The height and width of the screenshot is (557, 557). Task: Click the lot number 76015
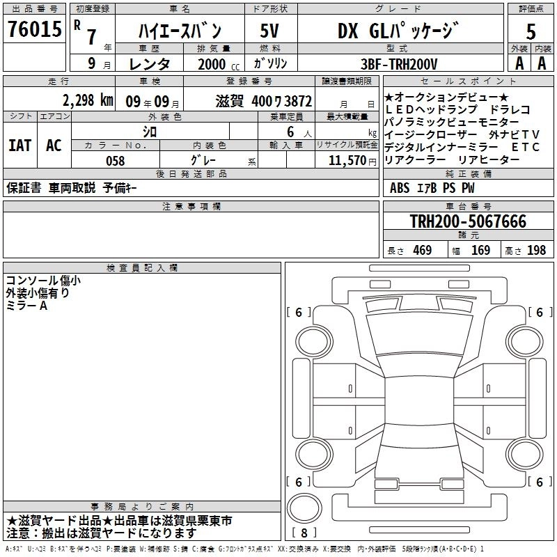(x=33, y=30)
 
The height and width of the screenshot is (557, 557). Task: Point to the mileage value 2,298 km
(x=88, y=100)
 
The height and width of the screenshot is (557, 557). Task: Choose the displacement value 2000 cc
(x=213, y=64)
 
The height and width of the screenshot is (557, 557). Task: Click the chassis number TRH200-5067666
(x=468, y=222)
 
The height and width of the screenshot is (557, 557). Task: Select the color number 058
(x=115, y=161)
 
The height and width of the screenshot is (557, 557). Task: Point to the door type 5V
(x=270, y=31)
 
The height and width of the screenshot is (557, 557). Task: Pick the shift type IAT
(x=20, y=146)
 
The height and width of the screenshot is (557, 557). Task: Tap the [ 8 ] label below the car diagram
(x=304, y=533)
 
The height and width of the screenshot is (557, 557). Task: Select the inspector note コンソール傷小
(x=43, y=281)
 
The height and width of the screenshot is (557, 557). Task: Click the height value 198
(x=536, y=251)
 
